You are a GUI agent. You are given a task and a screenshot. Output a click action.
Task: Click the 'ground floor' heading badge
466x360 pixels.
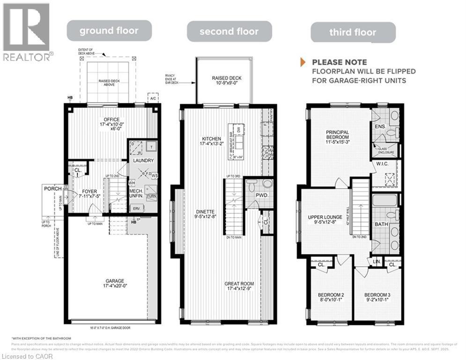109,31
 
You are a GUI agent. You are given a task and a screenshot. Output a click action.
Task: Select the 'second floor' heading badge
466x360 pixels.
229,32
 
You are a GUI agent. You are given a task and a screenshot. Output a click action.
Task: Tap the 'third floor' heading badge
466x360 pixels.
353,32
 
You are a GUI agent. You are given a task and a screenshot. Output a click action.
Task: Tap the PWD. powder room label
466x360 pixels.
261,195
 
